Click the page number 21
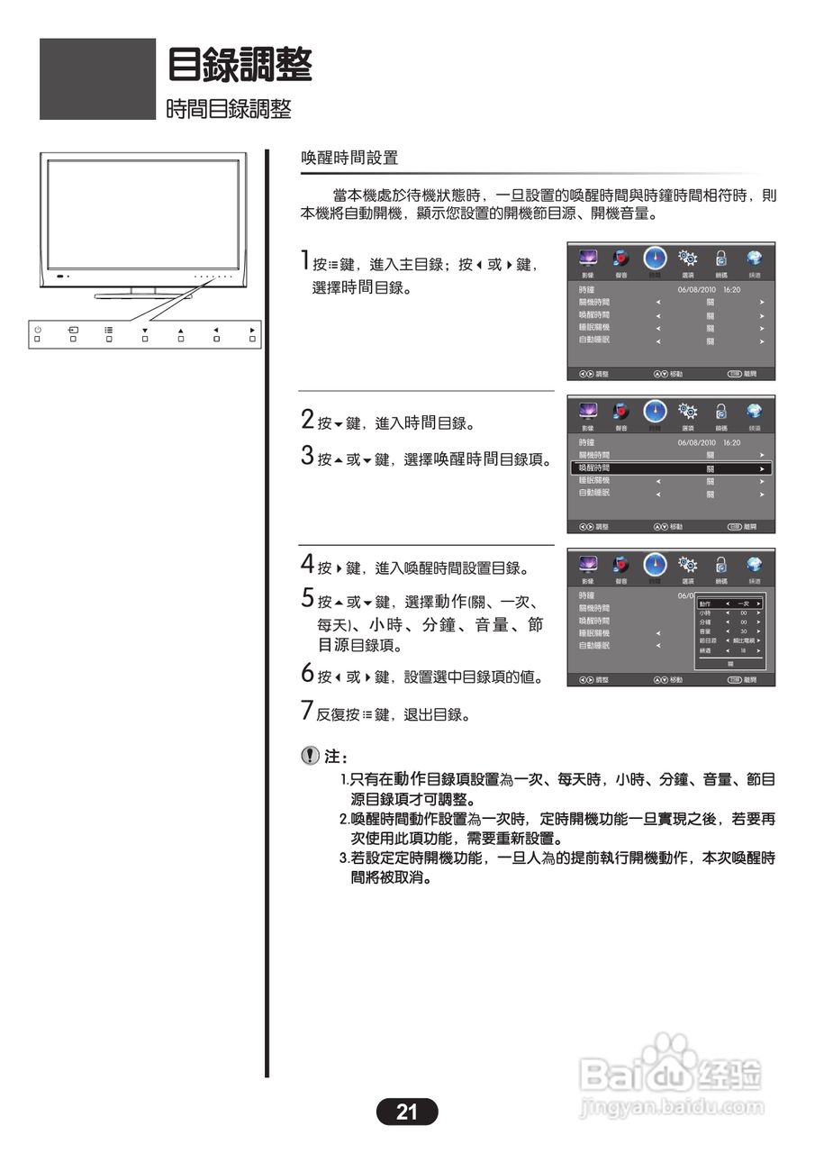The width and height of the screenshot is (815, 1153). pyautogui.click(x=407, y=1112)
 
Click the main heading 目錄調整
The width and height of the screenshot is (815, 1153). pyautogui.click(x=240, y=65)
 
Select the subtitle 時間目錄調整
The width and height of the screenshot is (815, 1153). pyautogui.click(x=229, y=110)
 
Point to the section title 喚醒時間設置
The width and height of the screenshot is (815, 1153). pyautogui.click(x=349, y=158)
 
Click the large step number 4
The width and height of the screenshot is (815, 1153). pyautogui.click(x=307, y=565)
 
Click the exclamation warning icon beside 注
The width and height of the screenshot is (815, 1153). pyautogui.click(x=310, y=758)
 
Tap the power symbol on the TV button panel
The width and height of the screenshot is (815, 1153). pyautogui.click(x=38, y=330)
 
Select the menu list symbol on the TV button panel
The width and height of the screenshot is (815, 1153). pyautogui.click(x=109, y=330)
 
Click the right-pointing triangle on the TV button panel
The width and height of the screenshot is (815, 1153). pyautogui.click(x=252, y=330)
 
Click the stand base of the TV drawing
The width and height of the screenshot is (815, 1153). pyautogui.click(x=142, y=295)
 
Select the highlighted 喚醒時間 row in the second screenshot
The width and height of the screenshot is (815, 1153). pyautogui.click(x=671, y=469)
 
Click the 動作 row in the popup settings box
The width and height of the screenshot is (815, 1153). pyautogui.click(x=730, y=603)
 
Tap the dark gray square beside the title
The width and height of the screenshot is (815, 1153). pyautogui.click(x=97, y=78)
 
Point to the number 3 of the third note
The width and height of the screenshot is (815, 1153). pyautogui.click(x=343, y=858)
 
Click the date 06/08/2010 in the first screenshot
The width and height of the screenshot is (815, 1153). pyautogui.click(x=695, y=290)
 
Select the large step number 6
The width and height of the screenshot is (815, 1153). pyautogui.click(x=307, y=674)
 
